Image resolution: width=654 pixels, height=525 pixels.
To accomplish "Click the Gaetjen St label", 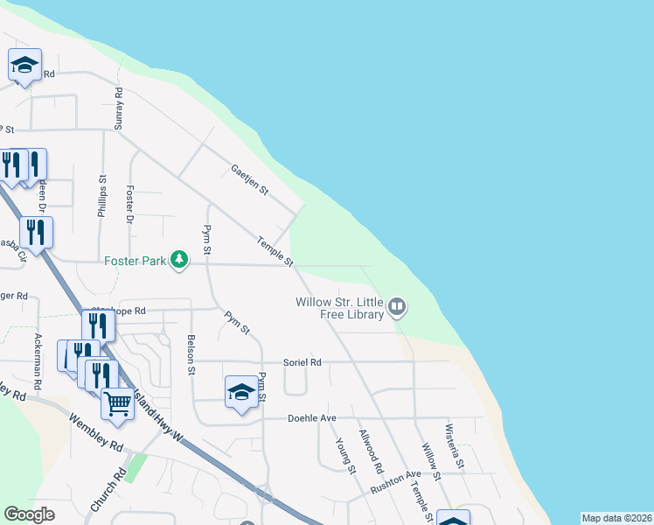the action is [250, 179].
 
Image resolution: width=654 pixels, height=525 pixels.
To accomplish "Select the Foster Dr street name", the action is [129, 204].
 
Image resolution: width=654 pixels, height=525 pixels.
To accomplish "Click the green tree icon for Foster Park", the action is [179, 259].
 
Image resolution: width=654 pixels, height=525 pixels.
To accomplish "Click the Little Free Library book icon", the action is [398, 306].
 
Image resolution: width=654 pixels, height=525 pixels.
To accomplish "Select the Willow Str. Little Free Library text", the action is [340, 308].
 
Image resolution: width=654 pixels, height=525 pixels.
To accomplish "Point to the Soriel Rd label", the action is [303, 362].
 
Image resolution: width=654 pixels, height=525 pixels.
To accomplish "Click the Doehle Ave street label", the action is [312, 418].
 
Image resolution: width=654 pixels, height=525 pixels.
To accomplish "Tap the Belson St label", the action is [191, 354].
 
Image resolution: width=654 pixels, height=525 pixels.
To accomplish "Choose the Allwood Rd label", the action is [371, 446].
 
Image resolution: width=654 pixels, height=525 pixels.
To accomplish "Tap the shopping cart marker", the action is [117, 402].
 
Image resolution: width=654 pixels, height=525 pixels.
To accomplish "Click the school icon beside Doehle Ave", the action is [241, 390].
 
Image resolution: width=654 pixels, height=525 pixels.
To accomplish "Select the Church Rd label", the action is [108, 490].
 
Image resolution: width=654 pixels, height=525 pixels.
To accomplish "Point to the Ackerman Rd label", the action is [38, 360].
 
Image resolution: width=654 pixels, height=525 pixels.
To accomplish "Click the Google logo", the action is [29, 514].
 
